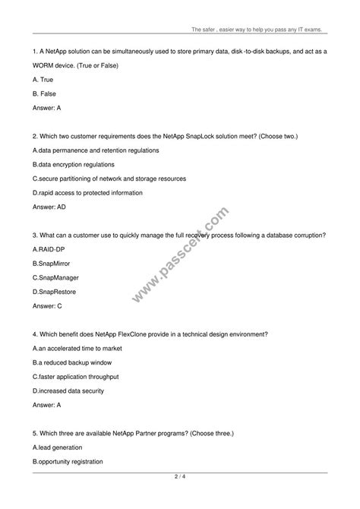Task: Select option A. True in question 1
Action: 45,79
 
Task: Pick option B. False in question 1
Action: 46,93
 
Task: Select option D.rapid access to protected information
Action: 94,192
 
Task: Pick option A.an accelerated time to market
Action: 77,348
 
